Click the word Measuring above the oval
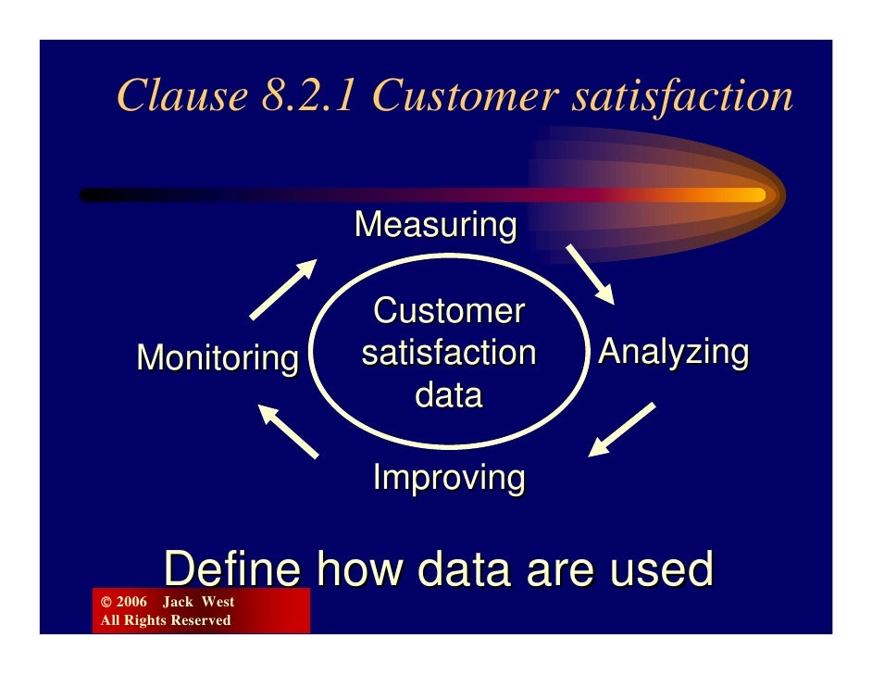point(435,225)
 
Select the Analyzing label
point(673,353)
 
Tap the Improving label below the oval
point(448,479)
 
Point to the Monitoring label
point(218,357)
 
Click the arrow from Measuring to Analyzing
point(590,274)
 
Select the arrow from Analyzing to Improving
point(623,430)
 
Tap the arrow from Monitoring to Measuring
point(283,289)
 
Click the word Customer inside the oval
point(449,311)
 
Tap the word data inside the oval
point(448,395)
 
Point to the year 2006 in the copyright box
point(131,603)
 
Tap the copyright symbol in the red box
point(105,603)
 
